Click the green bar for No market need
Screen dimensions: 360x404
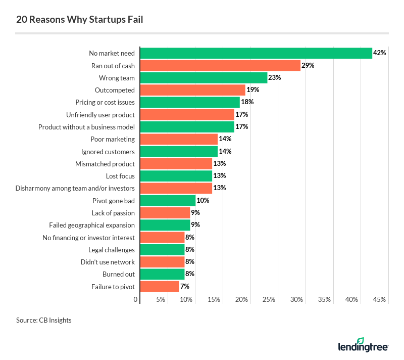pos(256,53)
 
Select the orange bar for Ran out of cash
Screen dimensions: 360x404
pos(220,65)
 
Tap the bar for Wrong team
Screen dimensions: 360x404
pos(203,77)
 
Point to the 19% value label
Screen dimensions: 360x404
pos(253,90)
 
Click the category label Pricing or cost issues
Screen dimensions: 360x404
pos(100,102)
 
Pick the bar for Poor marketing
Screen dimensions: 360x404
pos(178,139)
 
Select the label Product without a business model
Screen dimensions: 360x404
pos(86,127)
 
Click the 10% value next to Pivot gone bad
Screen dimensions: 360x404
pos(203,200)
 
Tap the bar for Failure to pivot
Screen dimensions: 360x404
pos(159,286)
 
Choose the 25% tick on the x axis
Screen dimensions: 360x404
pos(269,300)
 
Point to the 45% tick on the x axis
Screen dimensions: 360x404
pos(379,300)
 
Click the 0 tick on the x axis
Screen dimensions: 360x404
pos(135,300)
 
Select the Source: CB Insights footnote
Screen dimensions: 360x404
pos(44,320)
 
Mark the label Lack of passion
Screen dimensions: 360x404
pos(113,213)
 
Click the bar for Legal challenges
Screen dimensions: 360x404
pos(162,249)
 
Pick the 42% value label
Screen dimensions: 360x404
pos(380,53)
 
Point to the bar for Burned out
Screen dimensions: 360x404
pos(162,274)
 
